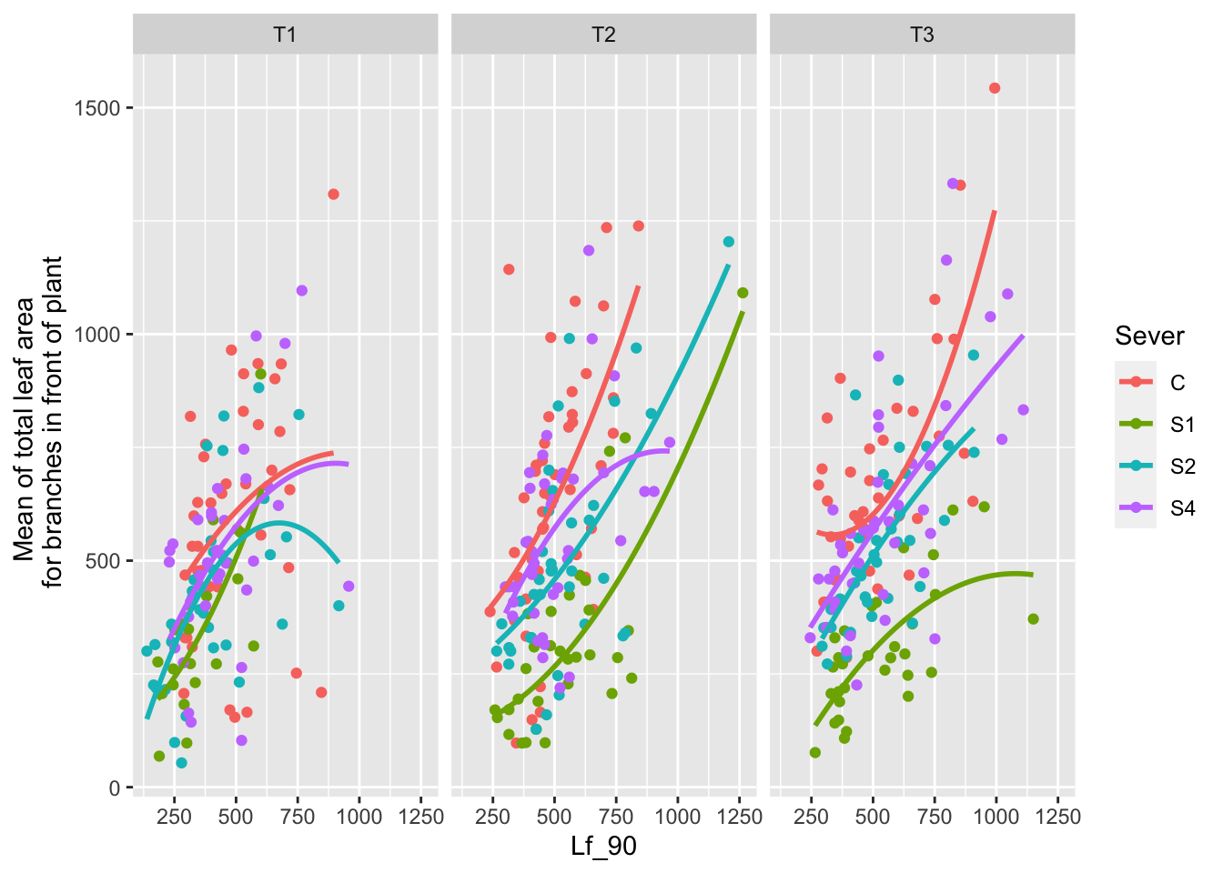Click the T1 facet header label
click(x=285, y=35)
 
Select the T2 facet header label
click(x=603, y=35)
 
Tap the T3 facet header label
click(x=922, y=35)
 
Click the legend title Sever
click(x=1149, y=336)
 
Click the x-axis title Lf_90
click(x=603, y=847)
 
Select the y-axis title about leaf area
click(x=40, y=422)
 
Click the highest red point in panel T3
click(x=995, y=88)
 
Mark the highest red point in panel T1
click(x=333, y=195)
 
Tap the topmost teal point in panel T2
click(x=728, y=242)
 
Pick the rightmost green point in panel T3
click(x=1033, y=619)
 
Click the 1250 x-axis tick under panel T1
click(x=421, y=817)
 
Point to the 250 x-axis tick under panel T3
click(x=811, y=817)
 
